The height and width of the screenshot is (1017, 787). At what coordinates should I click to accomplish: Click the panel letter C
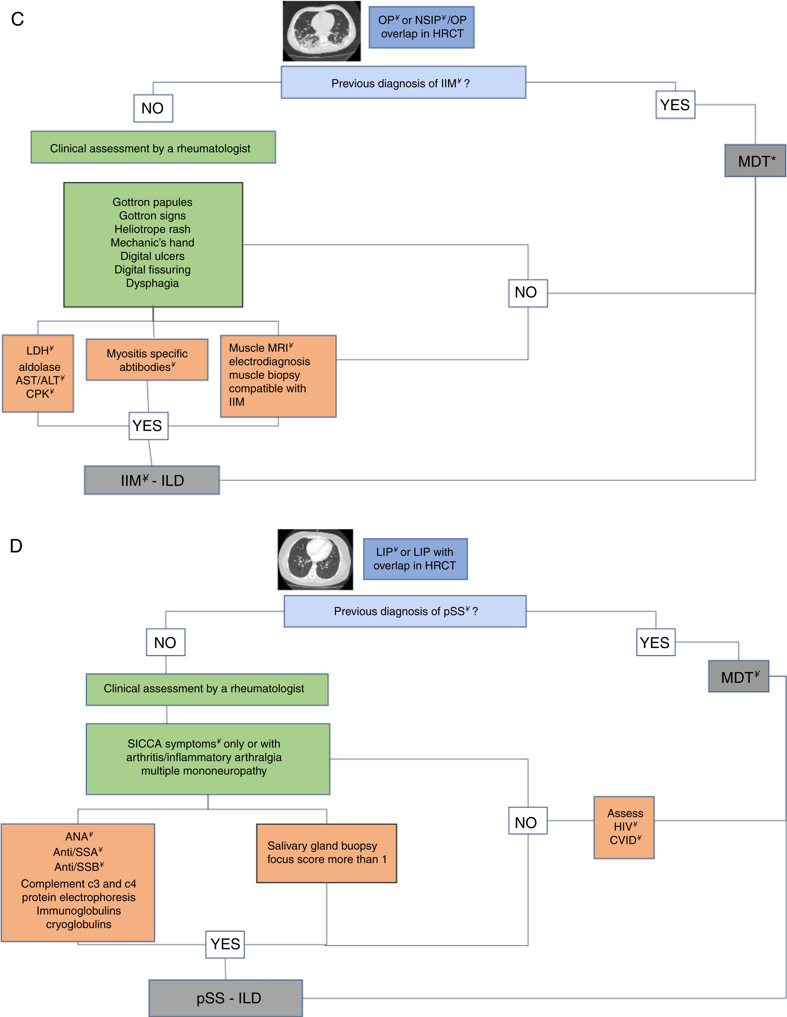tap(17, 19)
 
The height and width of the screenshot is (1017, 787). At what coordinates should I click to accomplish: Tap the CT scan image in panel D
tap(315, 559)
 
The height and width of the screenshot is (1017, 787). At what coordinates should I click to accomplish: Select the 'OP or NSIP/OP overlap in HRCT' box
tap(422, 27)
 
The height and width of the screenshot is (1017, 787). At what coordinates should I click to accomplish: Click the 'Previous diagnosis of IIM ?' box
tap(403, 82)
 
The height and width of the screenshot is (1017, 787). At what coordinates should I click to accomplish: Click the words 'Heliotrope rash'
tap(153, 229)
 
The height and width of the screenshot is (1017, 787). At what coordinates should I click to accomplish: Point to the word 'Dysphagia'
tap(153, 283)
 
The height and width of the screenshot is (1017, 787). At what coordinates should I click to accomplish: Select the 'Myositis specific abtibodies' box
tap(147, 360)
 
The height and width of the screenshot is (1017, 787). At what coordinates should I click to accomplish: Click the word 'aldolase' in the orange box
tap(40, 367)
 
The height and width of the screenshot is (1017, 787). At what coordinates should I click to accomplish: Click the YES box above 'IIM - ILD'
tap(148, 425)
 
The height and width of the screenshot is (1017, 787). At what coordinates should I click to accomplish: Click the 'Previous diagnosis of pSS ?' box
tap(405, 611)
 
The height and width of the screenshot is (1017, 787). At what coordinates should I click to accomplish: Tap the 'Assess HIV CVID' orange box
tap(624, 827)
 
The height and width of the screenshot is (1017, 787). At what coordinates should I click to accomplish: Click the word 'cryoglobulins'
tap(79, 924)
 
